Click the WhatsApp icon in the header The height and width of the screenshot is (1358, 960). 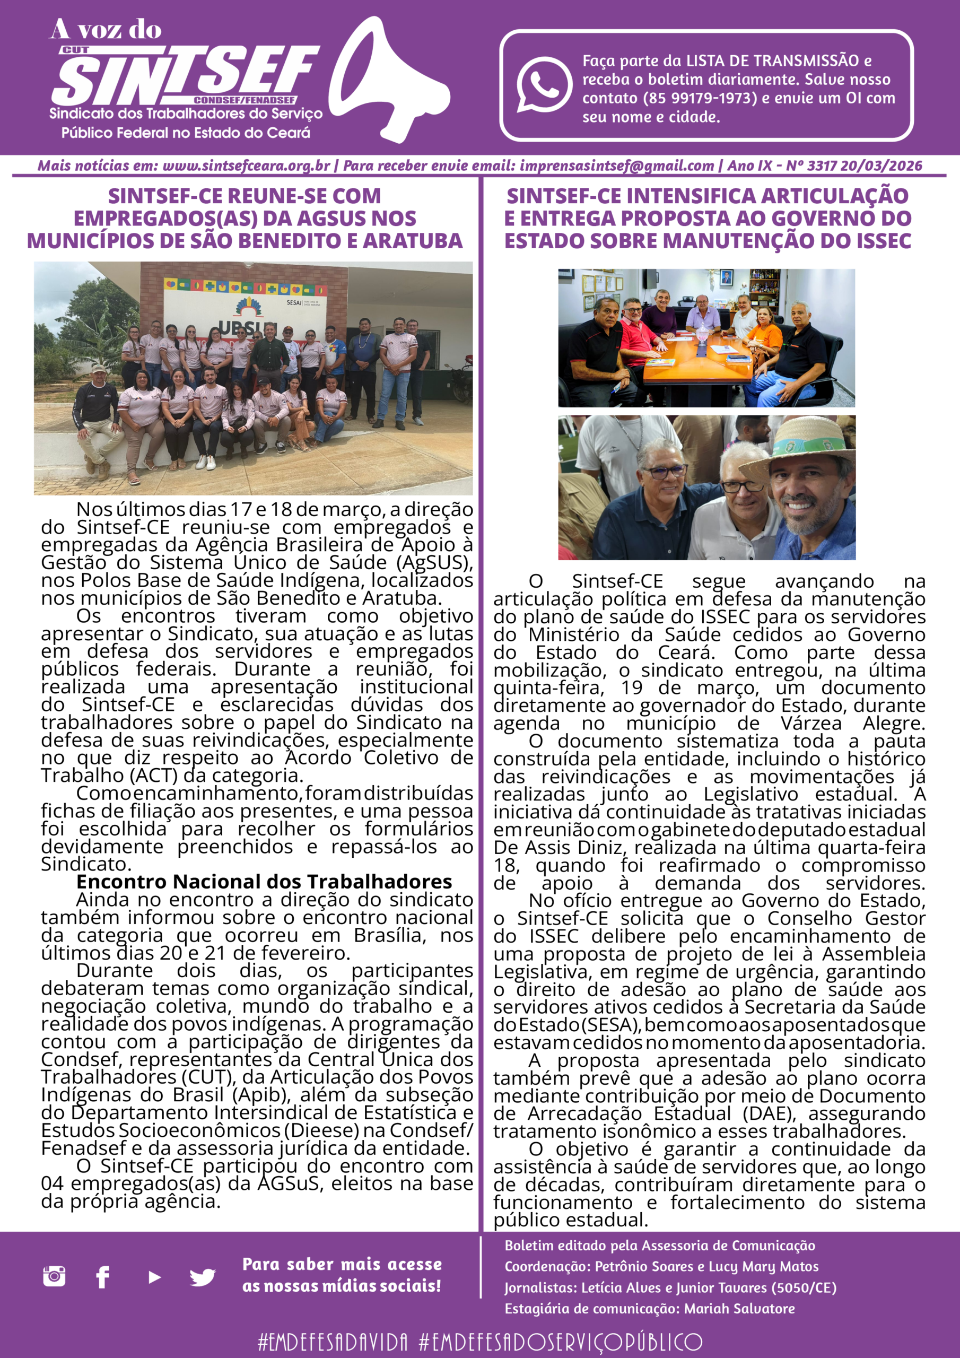544,84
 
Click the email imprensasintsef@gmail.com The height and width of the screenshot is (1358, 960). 616,166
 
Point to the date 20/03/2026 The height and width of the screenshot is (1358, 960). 881,166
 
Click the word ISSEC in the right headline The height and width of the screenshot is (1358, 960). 881,241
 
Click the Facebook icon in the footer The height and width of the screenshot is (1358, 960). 103,1276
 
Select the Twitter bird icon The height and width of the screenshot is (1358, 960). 202,1277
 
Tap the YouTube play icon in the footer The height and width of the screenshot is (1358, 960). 154,1277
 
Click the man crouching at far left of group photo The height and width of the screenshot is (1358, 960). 97,420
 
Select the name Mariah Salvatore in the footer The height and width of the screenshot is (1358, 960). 739,1308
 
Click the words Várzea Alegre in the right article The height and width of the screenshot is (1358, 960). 882,723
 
